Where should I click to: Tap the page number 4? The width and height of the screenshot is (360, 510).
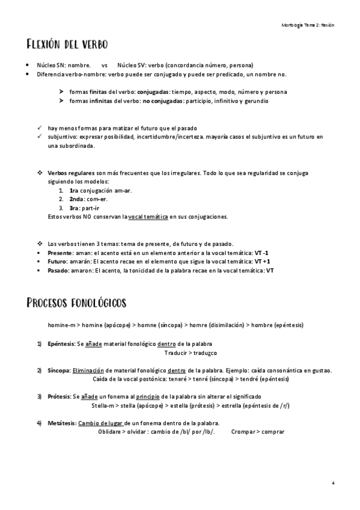point(333,483)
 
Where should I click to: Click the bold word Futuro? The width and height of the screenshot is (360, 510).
point(58,262)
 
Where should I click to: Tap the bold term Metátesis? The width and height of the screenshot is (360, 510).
point(62,423)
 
